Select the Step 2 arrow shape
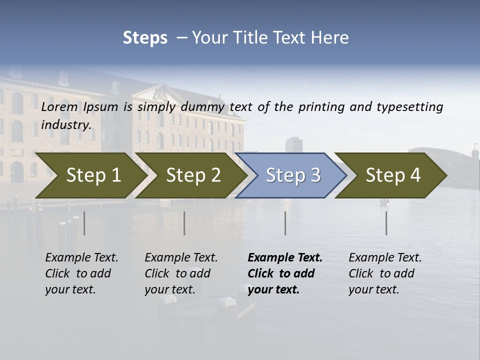(193, 175)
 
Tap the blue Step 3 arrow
(293, 175)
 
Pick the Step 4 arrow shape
(393, 175)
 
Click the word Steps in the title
(145, 38)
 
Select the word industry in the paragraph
(65, 124)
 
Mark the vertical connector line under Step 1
(84, 223)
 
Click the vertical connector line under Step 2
(184, 223)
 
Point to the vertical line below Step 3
(285, 223)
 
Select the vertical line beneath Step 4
(386, 223)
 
